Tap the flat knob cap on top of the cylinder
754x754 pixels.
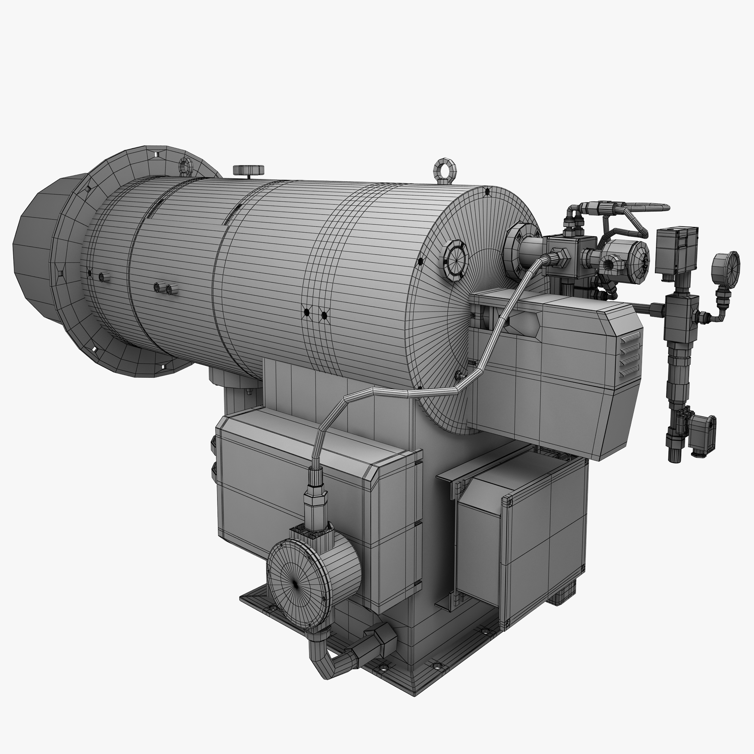coord(248,170)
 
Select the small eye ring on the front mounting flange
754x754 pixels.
coord(186,166)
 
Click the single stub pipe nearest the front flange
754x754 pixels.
coord(103,277)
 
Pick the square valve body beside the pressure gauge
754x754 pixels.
coord(681,310)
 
